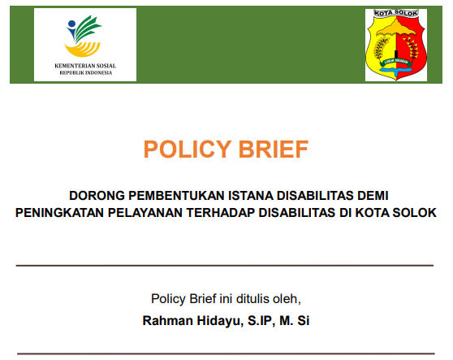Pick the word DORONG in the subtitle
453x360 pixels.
(x=93, y=196)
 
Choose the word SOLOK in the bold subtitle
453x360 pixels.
(x=416, y=212)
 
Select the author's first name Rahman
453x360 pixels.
(x=166, y=320)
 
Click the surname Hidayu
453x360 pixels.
(x=215, y=320)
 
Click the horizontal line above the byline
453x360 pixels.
(x=226, y=266)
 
